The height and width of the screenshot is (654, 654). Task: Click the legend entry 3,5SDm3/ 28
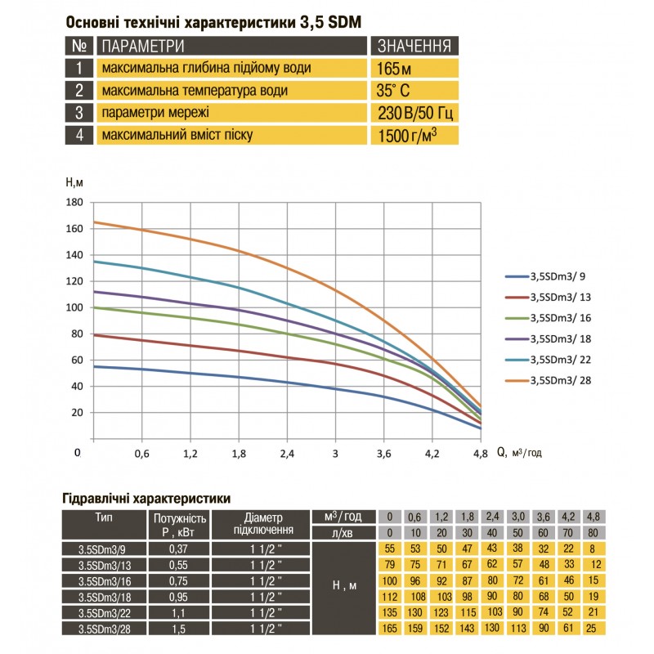click(x=560, y=379)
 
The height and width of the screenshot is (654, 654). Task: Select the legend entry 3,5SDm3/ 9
click(x=558, y=277)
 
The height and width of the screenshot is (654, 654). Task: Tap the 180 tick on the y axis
click(x=74, y=202)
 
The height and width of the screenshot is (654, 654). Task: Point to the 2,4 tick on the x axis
click(x=287, y=452)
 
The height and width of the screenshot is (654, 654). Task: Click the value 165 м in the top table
click(x=392, y=67)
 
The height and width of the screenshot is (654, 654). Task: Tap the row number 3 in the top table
click(x=79, y=113)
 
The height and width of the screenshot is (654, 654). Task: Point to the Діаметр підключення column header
click(x=262, y=523)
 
